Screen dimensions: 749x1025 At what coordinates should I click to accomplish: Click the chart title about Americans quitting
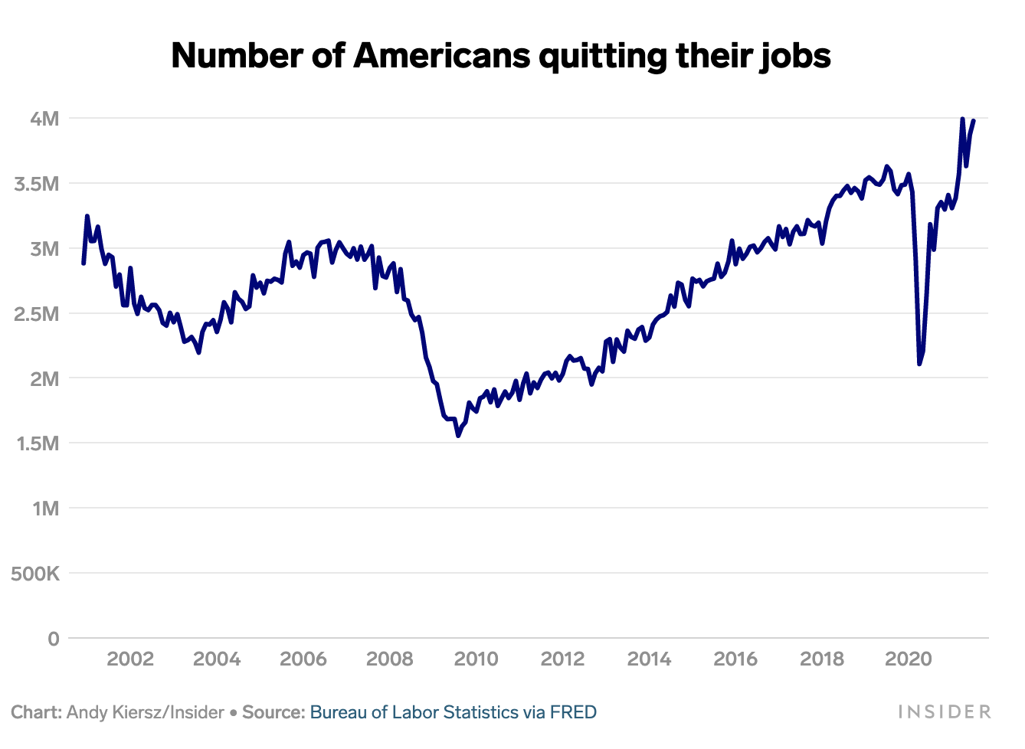[501, 56]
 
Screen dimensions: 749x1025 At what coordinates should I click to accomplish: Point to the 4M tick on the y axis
[44, 119]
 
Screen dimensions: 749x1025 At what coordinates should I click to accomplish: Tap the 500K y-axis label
[35, 574]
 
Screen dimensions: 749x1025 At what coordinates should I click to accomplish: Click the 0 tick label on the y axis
[53, 639]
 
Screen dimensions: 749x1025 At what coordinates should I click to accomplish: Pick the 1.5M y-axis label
[37, 443]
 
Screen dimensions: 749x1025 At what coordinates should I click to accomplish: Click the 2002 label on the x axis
[130, 659]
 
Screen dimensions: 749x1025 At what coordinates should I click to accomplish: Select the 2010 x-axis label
[476, 659]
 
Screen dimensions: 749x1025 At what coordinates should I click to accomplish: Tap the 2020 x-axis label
[908, 659]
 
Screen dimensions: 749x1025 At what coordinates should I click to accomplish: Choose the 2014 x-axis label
[649, 659]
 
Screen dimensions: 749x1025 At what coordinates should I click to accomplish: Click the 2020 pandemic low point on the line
[919, 363]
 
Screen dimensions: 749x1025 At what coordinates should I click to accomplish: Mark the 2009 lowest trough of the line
[458, 435]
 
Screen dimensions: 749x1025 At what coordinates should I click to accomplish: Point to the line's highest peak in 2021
[962, 119]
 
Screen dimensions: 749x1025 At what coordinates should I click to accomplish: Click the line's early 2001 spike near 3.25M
[87, 217]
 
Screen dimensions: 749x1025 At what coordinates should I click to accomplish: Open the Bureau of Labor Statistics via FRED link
[453, 712]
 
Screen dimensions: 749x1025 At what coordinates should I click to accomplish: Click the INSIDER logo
[945, 712]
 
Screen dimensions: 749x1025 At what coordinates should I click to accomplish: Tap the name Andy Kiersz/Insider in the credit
[146, 712]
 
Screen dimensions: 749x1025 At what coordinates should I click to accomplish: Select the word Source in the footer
[273, 712]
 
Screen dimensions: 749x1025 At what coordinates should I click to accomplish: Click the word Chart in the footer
[35, 712]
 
